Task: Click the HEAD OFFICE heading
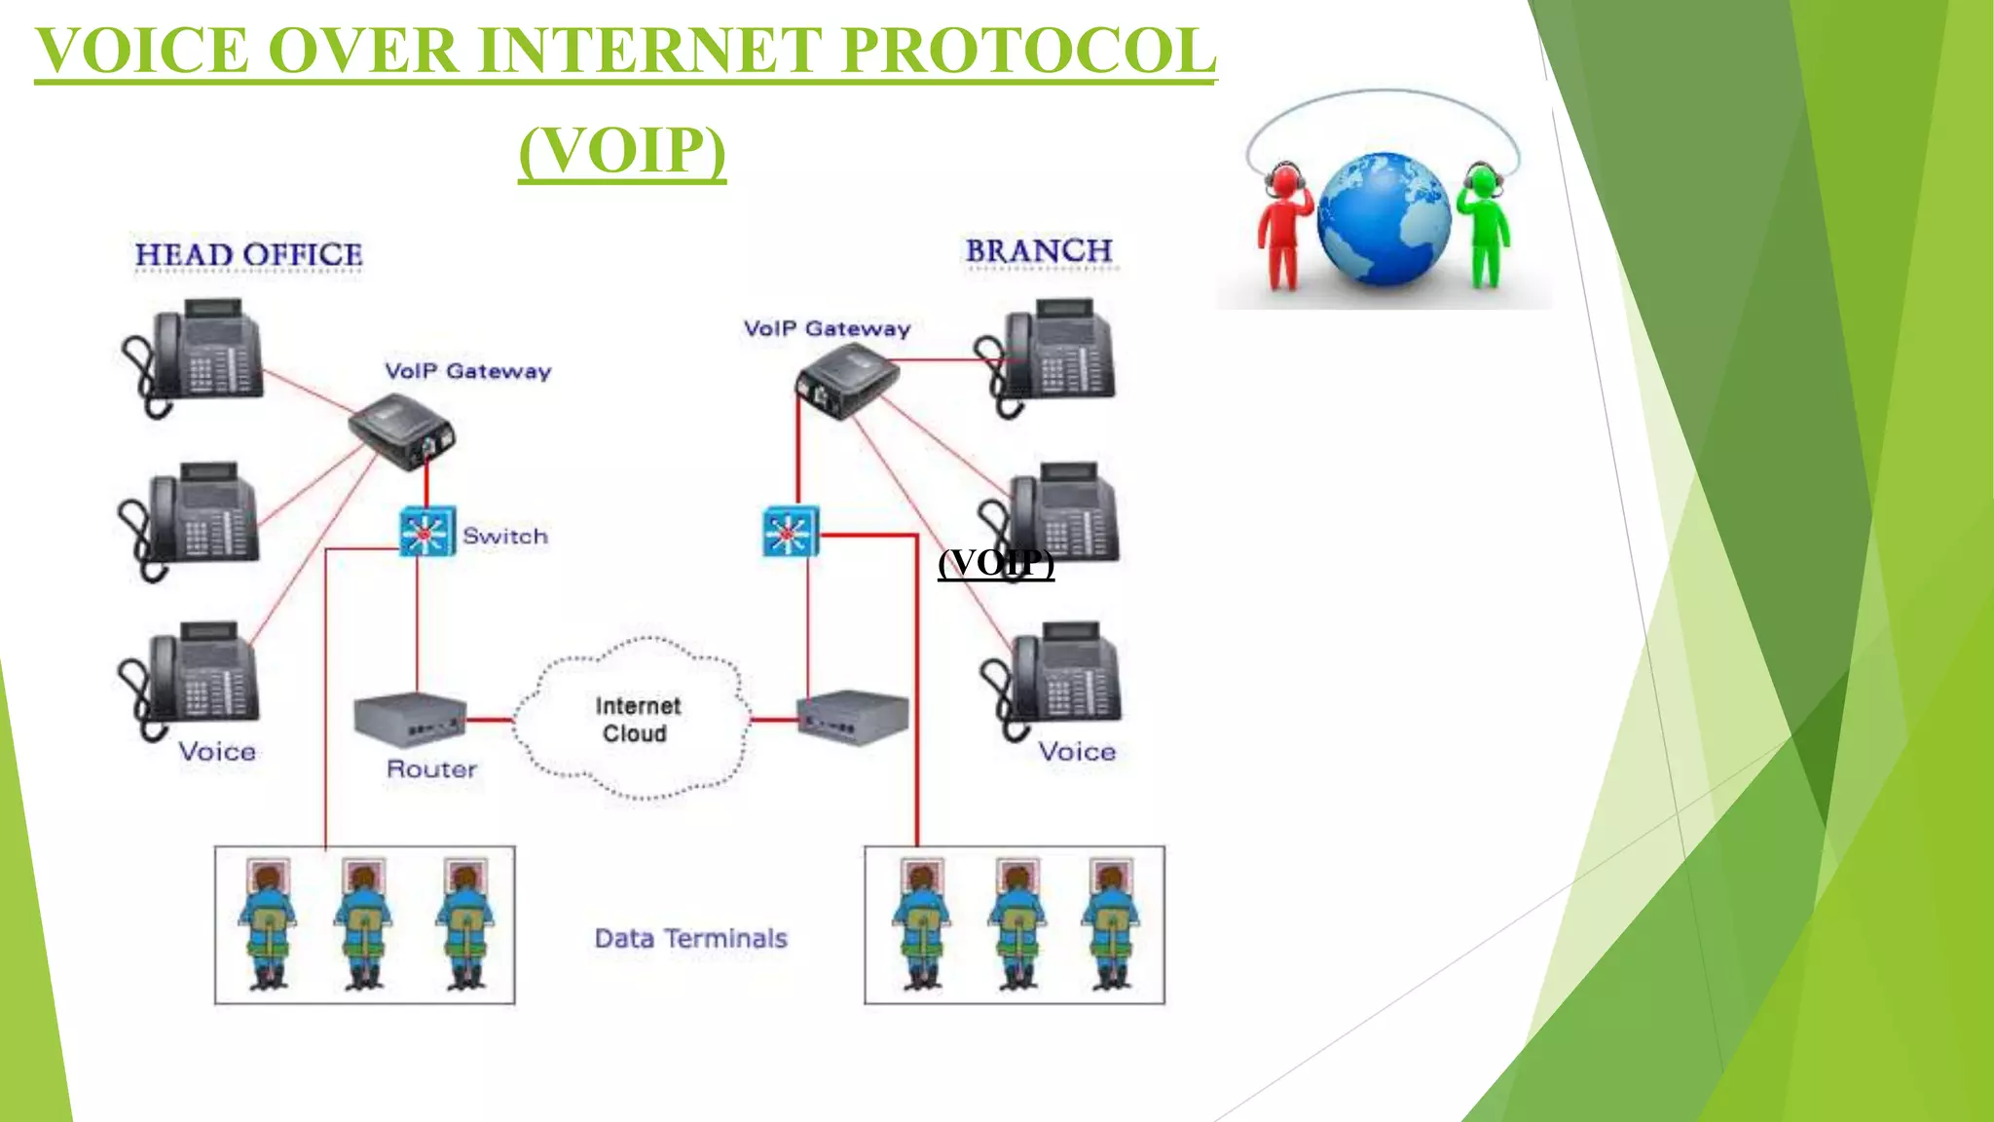[x=248, y=255]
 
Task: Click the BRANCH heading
[x=1039, y=251]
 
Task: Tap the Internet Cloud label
[x=637, y=720]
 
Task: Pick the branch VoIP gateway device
[x=846, y=381]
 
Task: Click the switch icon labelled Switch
[x=426, y=532]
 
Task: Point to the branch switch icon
[x=790, y=532]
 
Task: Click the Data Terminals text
[x=690, y=939]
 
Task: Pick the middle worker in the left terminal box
[x=363, y=923]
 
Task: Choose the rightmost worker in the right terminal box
[x=1111, y=923]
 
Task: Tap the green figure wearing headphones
[x=1483, y=224]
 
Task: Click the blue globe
[x=1383, y=219]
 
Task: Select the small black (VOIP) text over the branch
[x=996, y=563]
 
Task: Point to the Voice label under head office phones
[x=217, y=752]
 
